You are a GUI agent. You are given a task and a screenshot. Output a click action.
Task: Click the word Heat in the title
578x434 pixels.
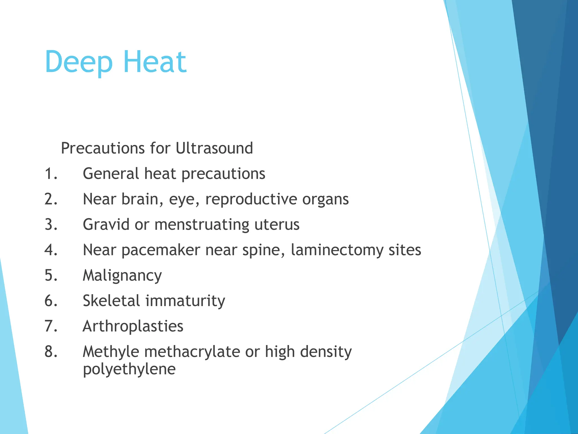pos(155,62)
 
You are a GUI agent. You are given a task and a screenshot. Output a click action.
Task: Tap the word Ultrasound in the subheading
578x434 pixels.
pos(214,148)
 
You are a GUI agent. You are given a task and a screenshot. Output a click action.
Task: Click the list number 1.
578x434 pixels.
pos(51,173)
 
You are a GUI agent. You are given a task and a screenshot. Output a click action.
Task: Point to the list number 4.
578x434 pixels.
pos(51,250)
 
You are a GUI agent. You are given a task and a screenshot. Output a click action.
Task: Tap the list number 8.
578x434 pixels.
pos(51,352)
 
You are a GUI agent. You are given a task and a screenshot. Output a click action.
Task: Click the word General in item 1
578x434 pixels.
pos(111,173)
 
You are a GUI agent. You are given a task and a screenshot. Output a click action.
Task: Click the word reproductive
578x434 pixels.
pos(251,199)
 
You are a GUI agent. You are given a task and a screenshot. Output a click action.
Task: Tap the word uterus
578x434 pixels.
pos(277,225)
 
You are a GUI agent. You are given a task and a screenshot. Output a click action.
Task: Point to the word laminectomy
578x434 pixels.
pos(337,250)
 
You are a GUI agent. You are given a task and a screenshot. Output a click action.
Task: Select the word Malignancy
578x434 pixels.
pos(122,276)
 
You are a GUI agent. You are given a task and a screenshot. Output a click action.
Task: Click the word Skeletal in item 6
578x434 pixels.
pos(111,301)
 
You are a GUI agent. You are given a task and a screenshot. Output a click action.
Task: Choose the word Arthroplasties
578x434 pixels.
pos(133,326)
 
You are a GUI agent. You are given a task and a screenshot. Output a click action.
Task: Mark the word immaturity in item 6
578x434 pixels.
pos(185,301)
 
